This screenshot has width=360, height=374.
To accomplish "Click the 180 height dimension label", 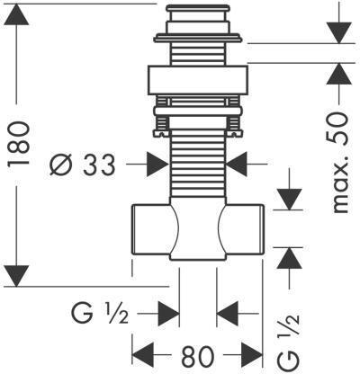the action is pyautogui.click(x=18, y=143).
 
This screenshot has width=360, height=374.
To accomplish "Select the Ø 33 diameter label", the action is pyautogui.click(x=83, y=165).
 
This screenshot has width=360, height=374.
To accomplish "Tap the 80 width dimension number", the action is pyautogui.click(x=197, y=356).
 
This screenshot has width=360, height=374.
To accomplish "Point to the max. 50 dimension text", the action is pyautogui.click(x=341, y=162).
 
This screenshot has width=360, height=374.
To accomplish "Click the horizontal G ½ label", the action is pyautogui.click(x=100, y=314).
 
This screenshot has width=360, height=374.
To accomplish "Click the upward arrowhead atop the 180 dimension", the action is pyautogui.click(x=16, y=14).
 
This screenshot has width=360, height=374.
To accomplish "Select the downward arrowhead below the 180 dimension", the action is pyautogui.click(x=16, y=276).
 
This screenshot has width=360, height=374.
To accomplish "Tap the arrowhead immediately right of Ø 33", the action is pyautogui.click(x=158, y=165).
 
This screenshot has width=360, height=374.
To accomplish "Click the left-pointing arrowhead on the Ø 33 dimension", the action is pyautogui.click(x=237, y=165).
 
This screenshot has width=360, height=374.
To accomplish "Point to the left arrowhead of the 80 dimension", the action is pyautogui.click(x=143, y=355).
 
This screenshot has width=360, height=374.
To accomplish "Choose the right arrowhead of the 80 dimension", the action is pyautogui.click(x=252, y=355).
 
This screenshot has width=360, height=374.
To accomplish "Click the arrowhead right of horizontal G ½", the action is pyautogui.click(x=168, y=314).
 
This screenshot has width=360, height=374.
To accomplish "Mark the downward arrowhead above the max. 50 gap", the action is pyautogui.click(x=339, y=32).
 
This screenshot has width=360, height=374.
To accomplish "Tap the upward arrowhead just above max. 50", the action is pyautogui.click(x=339, y=74).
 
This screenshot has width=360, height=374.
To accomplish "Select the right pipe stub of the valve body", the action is pyautogui.click(x=242, y=229).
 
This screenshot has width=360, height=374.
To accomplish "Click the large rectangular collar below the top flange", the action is pyautogui.click(x=198, y=80).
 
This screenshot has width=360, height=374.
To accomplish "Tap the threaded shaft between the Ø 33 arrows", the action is pyautogui.click(x=197, y=165).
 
